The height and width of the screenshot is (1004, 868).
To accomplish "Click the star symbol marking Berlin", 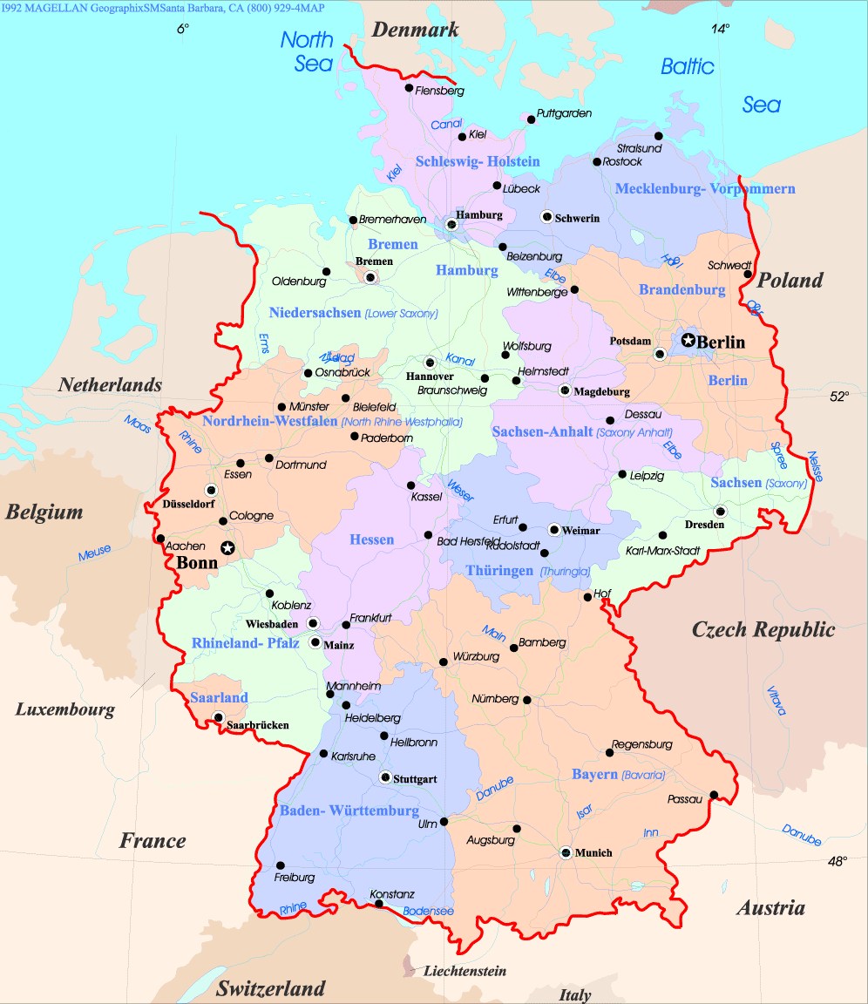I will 688,340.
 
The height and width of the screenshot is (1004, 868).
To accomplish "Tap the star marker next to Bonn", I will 227,547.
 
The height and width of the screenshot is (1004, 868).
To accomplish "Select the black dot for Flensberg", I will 409,87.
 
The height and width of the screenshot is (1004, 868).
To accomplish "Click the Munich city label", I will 593,852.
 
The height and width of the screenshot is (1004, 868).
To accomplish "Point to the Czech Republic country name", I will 763,629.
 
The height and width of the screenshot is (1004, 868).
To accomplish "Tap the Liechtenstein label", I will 465,971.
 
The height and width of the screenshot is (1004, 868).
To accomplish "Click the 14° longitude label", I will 720,28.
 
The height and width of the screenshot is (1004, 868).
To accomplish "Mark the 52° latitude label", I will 838,396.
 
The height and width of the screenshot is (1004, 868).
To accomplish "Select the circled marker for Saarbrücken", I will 218,717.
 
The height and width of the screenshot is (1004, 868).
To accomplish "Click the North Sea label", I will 308,51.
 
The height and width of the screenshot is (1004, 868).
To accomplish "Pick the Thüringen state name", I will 499,571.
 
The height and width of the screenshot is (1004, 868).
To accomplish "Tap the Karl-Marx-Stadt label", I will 663,551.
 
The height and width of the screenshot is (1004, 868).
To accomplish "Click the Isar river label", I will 584,811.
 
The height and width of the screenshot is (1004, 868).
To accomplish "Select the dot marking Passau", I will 714,794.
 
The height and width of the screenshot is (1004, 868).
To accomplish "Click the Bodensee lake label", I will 429,912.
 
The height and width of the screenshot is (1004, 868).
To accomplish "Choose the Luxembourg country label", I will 65,709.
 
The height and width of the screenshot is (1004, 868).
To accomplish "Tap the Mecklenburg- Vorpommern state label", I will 704,188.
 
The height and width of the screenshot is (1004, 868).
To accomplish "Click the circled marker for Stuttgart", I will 385,777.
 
